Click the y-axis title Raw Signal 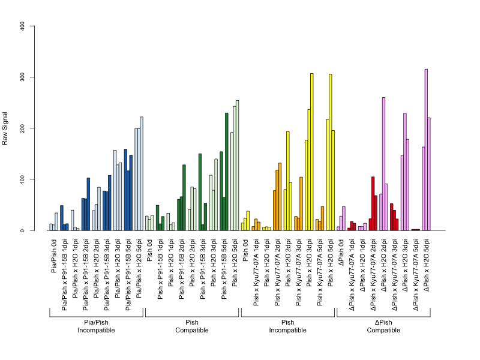click(x=5, y=128)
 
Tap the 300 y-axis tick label click(x=22, y=77)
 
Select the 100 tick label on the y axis click(x=22, y=179)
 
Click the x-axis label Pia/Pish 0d click(x=54, y=256)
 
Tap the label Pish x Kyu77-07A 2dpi click(x=277, y=272)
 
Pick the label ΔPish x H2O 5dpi click(x=427, y=265)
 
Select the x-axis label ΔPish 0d click(x=341, y=253)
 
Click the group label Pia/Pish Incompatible click(x=96, y=326)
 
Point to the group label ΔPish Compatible click(x=383, y=326)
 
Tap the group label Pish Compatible click(x=192, y=326)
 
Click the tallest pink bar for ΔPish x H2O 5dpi click(x=426, y=149)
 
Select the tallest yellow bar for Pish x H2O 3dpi click(x=312, y=152)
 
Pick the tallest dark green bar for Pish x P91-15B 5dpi click(x=227, y=172)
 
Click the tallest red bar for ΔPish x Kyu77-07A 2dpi click(x=373, y=203)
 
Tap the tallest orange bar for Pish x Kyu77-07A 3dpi click(x=301, y=203)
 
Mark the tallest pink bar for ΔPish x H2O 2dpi click(x=383, y=164)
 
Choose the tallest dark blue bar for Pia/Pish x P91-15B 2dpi click(x=88, y=204)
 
